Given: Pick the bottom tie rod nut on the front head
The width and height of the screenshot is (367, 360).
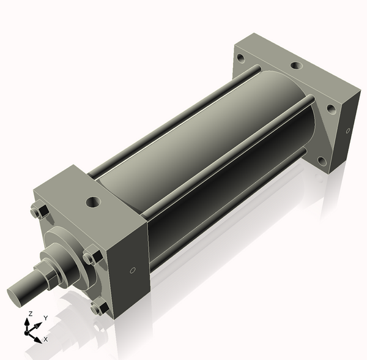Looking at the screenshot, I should [x=97, y=307].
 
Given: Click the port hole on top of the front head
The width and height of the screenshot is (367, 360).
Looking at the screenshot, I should [x=93, y=200].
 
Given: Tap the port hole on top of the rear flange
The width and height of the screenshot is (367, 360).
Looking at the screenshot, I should [x=295, y=66].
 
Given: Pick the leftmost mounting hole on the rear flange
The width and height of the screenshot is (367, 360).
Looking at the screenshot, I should [x=240, y=60].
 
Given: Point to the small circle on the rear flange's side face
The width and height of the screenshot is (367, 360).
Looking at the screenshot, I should [x=347, y=130].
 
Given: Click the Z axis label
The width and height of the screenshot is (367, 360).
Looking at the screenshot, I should [x=31, y=314].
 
